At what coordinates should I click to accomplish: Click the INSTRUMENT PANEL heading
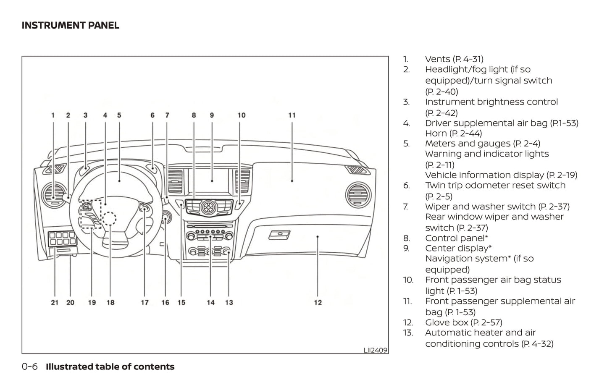[70, 26]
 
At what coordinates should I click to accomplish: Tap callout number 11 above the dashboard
[292, 115]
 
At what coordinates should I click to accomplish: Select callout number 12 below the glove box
[318, 302]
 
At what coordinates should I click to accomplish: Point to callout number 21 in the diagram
[55, 302]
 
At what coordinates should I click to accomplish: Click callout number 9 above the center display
[212, 115]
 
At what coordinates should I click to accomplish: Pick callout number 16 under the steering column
[165, 302]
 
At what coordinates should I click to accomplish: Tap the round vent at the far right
[358, 196]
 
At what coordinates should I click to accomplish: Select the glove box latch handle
[279, 234]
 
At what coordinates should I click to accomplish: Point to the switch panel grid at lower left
[62, 238]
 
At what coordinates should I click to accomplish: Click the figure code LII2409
[375, 350]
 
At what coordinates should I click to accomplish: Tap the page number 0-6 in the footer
[29, 367]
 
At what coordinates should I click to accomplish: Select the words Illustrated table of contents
[110, 367]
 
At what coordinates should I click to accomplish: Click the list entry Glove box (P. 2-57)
[463, 322]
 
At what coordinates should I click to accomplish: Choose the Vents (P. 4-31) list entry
[454, 59]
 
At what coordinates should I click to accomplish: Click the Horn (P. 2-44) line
[453, 133]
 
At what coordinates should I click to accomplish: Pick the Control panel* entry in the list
[456, 238]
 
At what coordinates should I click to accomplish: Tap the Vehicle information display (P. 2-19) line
[501, 175]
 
